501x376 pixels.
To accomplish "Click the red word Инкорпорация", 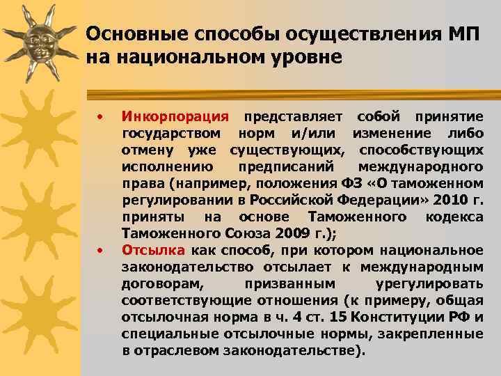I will click(x=175, y=116).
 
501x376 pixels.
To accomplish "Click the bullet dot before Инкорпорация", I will click(x=101, y=115).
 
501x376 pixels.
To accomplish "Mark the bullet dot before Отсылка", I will click(x=101, y=249).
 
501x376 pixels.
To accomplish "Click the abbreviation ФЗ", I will click(x=352, y=184).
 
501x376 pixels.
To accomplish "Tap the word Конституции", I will click(x=399, y=318).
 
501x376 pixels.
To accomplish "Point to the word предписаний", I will click(x=286, y=167).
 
